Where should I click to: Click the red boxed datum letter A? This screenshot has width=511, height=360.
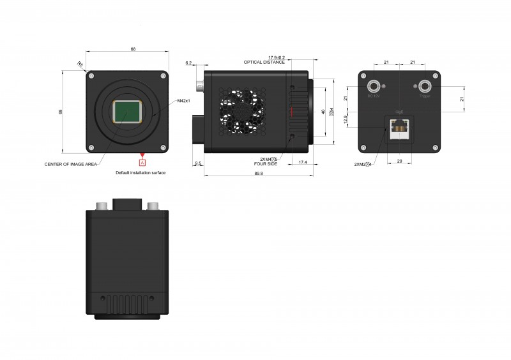(x=142, y=162)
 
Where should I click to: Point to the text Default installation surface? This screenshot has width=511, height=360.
(x=141, y=172)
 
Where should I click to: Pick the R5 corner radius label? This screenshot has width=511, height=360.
(x=80, y=64)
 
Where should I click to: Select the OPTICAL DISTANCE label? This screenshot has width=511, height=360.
(x=264, y=63)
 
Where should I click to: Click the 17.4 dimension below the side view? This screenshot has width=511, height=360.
(x=302, y=163)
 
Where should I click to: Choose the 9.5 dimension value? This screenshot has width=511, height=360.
(x=198, y=163)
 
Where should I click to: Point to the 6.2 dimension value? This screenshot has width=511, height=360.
(x=188, y=63)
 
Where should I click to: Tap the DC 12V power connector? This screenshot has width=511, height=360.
(x=372, y=85)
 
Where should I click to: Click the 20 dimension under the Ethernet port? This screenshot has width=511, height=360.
(x=400, y=161)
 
